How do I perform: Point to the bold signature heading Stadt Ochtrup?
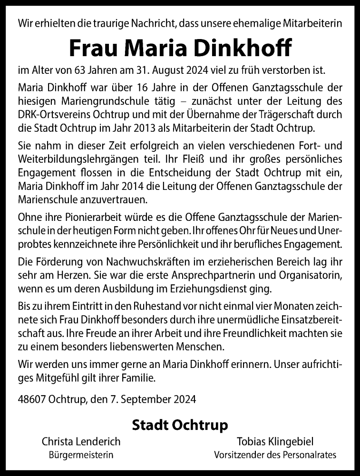[x=180, y=424]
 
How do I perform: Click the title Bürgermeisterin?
[x=81, y=455]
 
